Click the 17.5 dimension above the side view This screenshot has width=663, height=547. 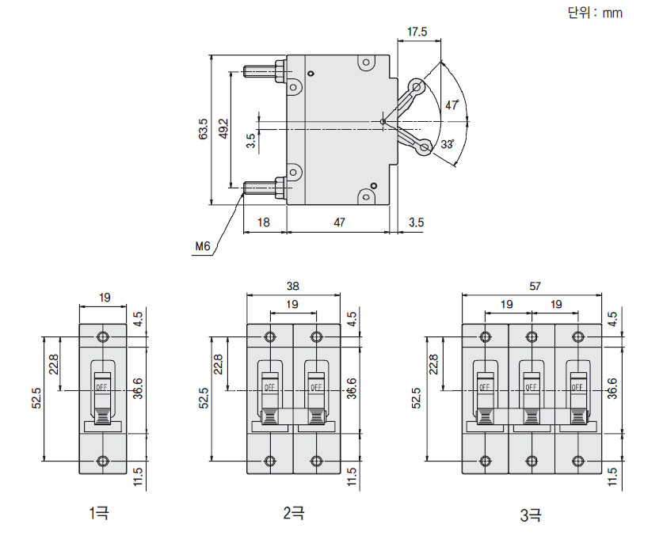click(x=417, y=32)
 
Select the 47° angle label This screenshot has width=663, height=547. click(x=452, y=104)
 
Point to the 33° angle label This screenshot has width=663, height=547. click(x=448, y=144)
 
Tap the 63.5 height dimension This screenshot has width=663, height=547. click(x=203, y=129)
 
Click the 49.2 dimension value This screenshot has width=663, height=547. click(x=223, y=129)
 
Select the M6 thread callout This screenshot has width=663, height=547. click(x=203, y=247)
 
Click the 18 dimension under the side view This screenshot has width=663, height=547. click(x=265, y=222)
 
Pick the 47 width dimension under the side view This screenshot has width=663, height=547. click(x=339, y=222)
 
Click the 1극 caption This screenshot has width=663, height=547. click(x=100, y=514)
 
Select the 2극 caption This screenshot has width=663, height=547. click(x=293, y=514)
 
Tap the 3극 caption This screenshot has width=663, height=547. click(x=531, y=516)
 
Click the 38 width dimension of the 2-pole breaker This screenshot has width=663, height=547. click(x=293, y=287)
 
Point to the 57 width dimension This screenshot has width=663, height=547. click(x=531, y=287)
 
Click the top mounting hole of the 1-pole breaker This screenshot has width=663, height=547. click(x=102, y=337)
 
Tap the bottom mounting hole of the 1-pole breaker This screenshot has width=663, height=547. click(x=102, y=461)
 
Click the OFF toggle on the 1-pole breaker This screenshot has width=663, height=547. click(x=102, y=389)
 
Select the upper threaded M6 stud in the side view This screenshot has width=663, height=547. click(x=263, y=71)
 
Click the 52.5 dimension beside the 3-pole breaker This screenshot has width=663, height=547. click(x=418, y=398)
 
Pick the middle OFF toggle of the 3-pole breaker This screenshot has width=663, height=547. click(x=531, y=389)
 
